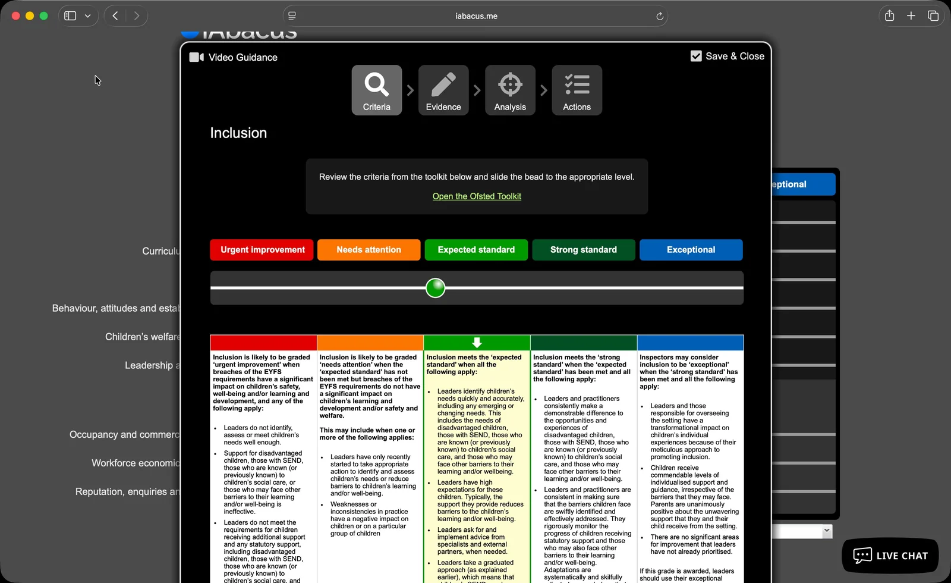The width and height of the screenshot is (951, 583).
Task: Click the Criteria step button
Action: tap(377, 90)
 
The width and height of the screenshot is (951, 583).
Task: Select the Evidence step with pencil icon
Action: tap(443, 90)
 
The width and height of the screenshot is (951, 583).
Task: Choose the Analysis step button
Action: tap(510, 90)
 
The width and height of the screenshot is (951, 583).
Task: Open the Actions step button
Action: tap(577, 90)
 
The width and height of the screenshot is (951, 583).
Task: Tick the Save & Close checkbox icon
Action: tap(696, 56)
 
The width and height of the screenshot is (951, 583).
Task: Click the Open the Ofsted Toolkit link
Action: tap(477, 196)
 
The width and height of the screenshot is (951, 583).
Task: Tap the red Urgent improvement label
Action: tap(263, 250)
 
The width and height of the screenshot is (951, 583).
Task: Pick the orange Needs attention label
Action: tap(369, 250)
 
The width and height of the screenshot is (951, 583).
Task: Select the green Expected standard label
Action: tap(476, 250)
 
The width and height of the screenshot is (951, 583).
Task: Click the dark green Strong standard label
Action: tap(584, 250)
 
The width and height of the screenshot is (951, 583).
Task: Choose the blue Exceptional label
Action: tap(691, 250)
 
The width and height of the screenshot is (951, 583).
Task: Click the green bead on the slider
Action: tap(436, 288)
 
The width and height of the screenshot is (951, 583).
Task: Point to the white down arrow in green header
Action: tap(477, 343)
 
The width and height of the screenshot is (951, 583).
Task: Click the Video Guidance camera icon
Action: tap(196, 57)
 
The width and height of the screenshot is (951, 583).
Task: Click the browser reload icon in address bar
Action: tap(659, 16)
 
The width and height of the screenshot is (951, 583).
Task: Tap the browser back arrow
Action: tap(115, 16)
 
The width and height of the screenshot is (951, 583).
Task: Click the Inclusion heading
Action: tap(238, 133)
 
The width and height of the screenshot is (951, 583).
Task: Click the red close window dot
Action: tap(16, 16)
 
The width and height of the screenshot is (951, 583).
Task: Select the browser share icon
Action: tap(889, 16)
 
